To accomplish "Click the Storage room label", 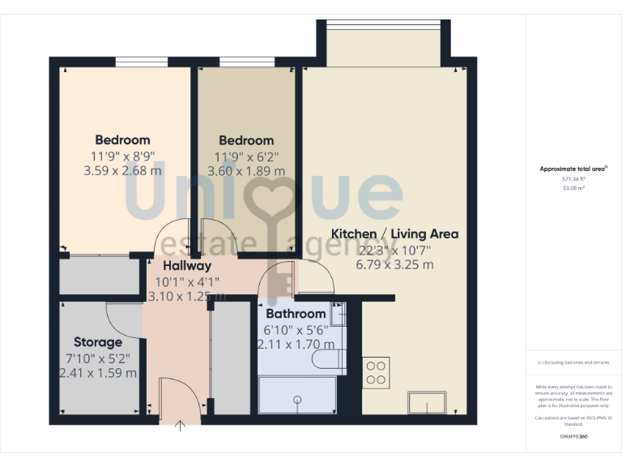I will pos(98,341).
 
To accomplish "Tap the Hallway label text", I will pos(187,265).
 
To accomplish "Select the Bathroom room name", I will pos(296,314).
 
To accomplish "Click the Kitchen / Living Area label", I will pos(394,233).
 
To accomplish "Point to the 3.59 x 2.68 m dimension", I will pos(122,171).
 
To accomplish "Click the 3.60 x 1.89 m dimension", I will pos(246,171).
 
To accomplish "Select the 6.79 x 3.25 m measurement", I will pos(394,264).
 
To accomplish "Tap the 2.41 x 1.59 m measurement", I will pos(98,373).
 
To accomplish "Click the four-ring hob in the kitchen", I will pos(376,372).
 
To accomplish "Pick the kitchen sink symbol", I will pos(427,402).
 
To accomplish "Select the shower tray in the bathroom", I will pos(296,396).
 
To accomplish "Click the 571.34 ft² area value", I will pos(573,179).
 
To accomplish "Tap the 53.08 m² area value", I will pos(573,187).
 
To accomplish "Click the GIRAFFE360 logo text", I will pos(573,436).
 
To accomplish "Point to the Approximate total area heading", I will pos(573,169).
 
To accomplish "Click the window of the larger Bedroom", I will pos(142,62).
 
